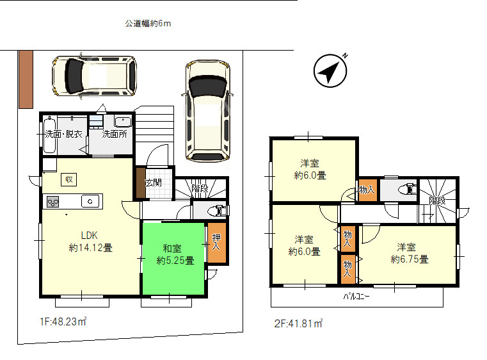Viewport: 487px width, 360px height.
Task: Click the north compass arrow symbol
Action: pos(331,70)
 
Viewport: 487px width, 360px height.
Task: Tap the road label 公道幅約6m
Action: pos(148,24)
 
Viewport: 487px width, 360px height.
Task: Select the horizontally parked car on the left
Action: pos(94,76)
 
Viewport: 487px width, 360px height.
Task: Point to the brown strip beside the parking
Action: pos(26,79)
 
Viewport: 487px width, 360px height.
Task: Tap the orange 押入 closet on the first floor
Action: pos(216,242)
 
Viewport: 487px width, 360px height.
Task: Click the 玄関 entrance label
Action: pos(153,183)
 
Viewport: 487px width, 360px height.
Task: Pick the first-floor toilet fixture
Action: pos(218,209)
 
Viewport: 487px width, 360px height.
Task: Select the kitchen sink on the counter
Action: pos(90,200)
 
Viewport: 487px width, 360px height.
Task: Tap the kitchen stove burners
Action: pos(52,201)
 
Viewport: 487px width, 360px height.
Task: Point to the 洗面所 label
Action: pos(115,134)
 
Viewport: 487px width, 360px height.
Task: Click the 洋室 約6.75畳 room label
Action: pos(410,253)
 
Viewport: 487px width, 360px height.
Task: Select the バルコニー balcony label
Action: pos(356,297)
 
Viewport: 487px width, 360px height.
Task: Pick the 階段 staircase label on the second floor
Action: pos(438,200)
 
